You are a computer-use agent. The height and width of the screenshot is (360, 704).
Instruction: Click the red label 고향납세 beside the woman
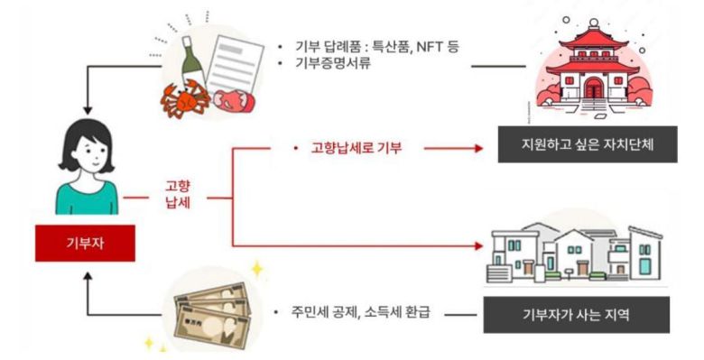(177, 195)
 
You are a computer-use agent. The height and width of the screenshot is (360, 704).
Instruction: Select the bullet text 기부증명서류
(330, 64)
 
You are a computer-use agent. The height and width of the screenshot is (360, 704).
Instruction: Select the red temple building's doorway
(593, 88)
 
